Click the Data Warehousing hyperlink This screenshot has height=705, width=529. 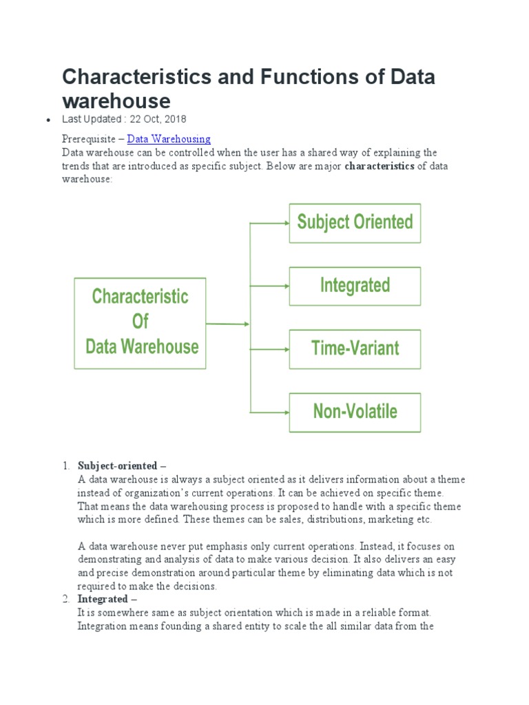tap(169, 139)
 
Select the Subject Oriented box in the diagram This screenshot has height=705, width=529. tap(355, 223)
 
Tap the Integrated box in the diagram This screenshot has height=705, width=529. tap(355, 286)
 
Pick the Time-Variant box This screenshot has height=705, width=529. tap(355, 349)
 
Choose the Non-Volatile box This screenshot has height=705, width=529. tap(355, 412)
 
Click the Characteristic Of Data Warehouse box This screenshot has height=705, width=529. tap(140, 323)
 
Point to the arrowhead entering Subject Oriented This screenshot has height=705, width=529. tap(284, 223)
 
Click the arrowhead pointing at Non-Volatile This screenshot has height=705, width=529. tap(284, 412)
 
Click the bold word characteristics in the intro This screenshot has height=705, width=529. tap(380, 166)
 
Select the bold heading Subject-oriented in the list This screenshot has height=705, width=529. tap(118, 466)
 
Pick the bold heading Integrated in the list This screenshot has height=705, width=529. tap(104, 600)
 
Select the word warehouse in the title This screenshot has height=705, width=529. tap(116, 101)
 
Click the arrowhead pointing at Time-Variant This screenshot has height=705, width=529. tap(284, 349)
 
